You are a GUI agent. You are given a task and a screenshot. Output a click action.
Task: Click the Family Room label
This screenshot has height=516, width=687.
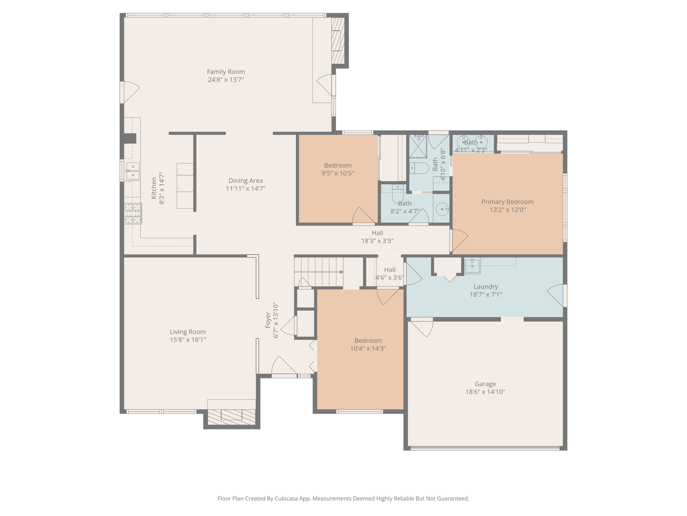tap(226, 72)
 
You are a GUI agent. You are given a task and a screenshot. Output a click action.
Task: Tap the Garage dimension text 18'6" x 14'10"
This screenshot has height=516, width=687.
tap(485, 392)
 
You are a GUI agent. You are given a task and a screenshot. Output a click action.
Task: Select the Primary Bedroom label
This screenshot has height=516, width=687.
tap(507, 202)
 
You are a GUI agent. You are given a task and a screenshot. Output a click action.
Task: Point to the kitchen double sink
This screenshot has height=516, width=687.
tap(133, 171)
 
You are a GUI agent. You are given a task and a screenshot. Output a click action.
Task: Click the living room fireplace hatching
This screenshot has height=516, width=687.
tap(231, 417)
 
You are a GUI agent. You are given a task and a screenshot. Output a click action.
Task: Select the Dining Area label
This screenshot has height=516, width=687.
tap(245, 181)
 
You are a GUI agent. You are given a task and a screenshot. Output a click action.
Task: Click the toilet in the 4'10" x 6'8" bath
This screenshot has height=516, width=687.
tap(419, 168)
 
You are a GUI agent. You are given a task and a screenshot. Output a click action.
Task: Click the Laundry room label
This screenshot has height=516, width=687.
tap(486, 287)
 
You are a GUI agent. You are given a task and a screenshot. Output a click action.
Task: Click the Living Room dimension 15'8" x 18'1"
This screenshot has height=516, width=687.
tap(188, 340)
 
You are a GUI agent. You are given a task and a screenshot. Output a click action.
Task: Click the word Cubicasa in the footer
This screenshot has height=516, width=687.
tap(286, 499)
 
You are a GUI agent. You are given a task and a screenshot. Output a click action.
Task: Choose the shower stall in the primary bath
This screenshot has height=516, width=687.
tap(418, 147)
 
